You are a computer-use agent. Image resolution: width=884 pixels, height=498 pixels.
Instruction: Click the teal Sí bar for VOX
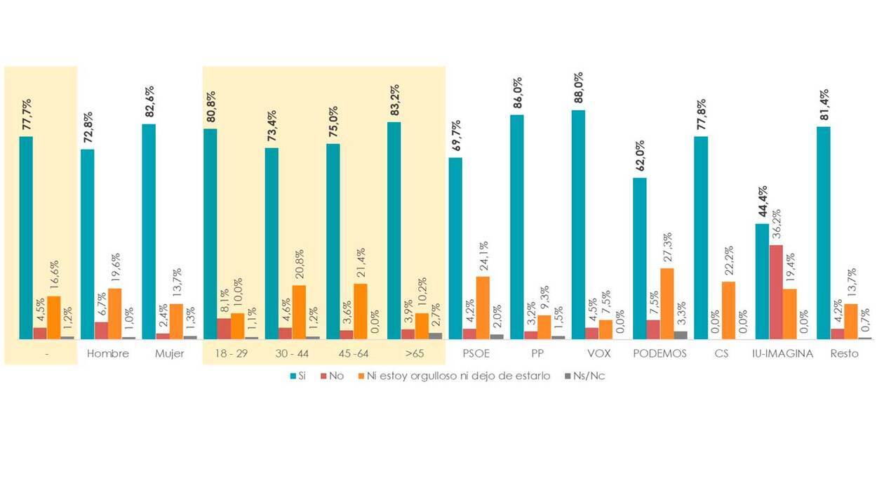pos(578,225)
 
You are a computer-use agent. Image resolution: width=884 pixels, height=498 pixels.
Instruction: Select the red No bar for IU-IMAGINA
pos(776,292)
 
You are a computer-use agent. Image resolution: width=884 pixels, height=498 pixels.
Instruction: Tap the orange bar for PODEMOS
pos(667,303)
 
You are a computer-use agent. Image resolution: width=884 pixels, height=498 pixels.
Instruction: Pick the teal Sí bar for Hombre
pos(87,244)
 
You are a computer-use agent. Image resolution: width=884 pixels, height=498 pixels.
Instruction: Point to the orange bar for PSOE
pos(483,308)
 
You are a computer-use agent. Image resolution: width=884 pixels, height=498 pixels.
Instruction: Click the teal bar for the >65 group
pos(394,230)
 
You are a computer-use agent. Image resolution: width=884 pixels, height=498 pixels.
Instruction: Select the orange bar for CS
pos(728,310)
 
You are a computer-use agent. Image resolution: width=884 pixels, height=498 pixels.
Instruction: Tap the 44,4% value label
pos(762,204)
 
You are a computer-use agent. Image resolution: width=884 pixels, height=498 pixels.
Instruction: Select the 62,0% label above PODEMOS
pos(640,157)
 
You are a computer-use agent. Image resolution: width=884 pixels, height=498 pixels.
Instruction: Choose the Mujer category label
pos(169,353)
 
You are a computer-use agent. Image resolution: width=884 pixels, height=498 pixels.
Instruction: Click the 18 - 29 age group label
pos(231,353)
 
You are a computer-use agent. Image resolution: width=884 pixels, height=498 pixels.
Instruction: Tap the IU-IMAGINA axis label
pos(782,353)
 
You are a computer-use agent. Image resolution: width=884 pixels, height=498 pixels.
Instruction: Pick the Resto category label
pos(843,353)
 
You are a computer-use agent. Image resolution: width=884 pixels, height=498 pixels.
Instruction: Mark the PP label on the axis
pos(537,353)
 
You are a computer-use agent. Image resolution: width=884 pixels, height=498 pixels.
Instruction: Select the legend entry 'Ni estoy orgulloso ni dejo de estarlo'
pos(453,376)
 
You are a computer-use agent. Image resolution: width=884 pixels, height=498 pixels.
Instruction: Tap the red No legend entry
pos(331,376)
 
